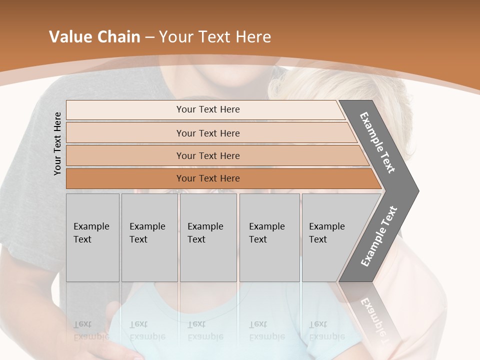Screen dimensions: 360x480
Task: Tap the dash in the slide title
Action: point(149,37)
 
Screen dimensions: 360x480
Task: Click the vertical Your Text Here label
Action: point(57,143)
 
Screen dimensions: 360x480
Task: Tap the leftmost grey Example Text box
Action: point(92,237)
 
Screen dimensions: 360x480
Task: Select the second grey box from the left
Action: point(149,237)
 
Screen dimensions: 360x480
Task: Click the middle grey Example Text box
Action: point(208,237)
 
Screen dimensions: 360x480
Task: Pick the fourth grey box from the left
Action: point(269,237)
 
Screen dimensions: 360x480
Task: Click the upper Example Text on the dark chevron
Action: point(377,142)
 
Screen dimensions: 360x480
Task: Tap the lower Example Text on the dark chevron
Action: point(379,236)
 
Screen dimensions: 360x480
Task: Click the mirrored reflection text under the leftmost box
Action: point(91,331)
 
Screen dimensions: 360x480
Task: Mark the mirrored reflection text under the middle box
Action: point(205,331)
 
